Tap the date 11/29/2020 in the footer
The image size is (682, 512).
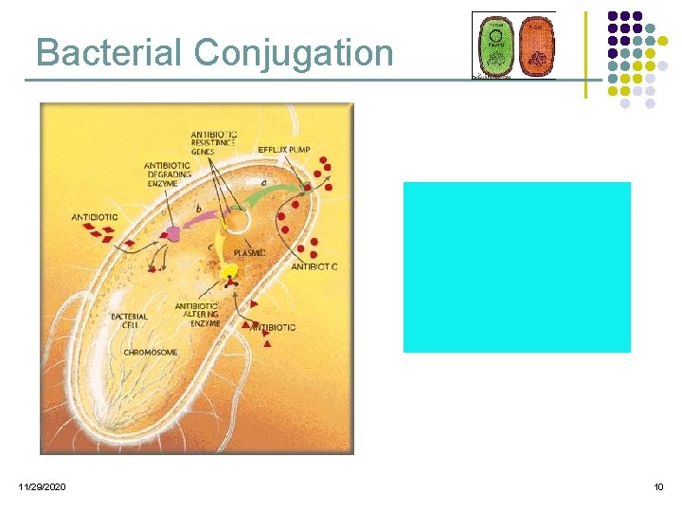(42, 486)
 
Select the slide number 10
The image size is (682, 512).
(658, 486)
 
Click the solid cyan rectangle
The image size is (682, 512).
(516, 267)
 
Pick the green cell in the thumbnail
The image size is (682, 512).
(494, 46)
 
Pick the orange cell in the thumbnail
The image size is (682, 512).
(536, 46)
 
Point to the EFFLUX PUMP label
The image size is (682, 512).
(284, 150)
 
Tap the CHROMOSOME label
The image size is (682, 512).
(150, 352)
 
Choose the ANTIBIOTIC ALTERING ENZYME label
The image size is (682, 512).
(197, 315)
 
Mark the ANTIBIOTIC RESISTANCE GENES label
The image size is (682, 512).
(214, 142)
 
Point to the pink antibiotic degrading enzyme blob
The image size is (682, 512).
(172, 234)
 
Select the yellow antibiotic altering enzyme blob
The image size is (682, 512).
(229, 271)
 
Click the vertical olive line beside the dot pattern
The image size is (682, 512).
(585, 54)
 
